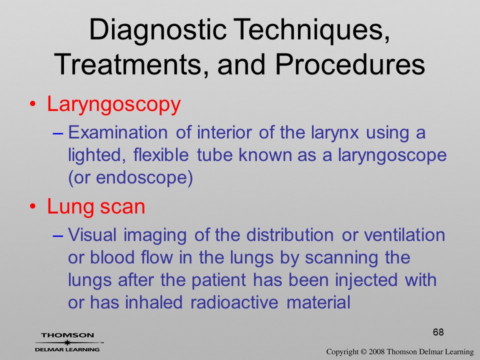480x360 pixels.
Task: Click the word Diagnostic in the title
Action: click(x=157, y=30)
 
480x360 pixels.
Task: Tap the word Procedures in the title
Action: click(x=350, y=64)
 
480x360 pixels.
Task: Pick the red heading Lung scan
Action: click(x=96, y=206)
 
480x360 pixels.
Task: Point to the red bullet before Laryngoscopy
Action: click(x=33, y=104)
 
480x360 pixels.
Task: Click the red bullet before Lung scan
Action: click(x=33, y=206)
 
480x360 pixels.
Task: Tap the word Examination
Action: click(x=118, y=132)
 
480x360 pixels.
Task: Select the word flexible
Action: click(x=161, y=154)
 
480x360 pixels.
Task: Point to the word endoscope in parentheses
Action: click(x=142, y=177)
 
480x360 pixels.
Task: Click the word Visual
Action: click(x=92, y=235)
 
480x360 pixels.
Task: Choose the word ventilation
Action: click(x=404, y=235)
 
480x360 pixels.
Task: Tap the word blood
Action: click(x=112, y=257)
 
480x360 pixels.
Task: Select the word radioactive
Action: click(x=234, y=302)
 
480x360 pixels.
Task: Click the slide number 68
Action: click(x=438, y=332)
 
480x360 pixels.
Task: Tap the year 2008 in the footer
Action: click(x=376, y=352)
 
